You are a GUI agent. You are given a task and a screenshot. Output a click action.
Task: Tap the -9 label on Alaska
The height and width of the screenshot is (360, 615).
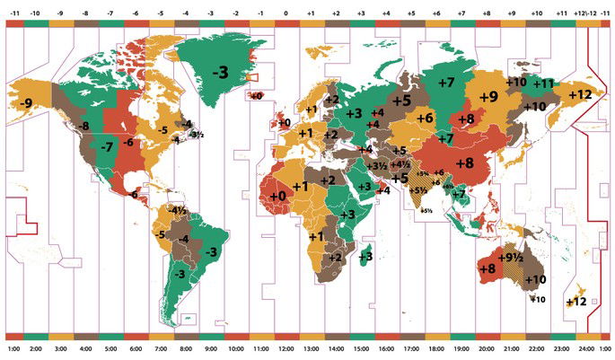coord(27,105)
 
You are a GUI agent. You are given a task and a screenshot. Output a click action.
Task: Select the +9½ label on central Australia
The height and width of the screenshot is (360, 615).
coord(512,258)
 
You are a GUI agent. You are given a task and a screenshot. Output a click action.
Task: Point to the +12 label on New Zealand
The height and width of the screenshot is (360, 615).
coord(576,302)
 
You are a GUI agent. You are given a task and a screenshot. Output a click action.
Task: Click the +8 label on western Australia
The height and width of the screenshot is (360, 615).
coord(488,268)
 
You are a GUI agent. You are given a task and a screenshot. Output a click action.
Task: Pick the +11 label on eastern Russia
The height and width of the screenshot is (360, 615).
coord(544,83)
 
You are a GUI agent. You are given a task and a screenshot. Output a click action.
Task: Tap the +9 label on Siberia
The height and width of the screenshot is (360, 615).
coord(488,96)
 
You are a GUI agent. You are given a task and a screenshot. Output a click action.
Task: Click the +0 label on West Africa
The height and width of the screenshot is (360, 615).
coord(277,195)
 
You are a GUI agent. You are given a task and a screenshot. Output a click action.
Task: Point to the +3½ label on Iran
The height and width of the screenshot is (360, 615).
coord(380,165)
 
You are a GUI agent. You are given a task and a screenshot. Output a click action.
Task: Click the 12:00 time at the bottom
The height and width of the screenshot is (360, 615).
coord(286,348)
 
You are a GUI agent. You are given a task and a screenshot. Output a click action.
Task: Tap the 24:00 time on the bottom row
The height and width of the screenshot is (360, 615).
coord(587,348)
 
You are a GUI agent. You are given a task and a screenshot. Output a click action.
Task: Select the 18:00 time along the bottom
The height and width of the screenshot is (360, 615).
coord(436,348)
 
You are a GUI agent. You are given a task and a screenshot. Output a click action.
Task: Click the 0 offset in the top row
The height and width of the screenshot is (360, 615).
coord(286,14)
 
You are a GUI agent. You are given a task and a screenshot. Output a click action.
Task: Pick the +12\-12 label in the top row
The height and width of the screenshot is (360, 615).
coord(587,14)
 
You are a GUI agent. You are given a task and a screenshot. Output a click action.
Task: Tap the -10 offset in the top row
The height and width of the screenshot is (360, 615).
coord(35,14)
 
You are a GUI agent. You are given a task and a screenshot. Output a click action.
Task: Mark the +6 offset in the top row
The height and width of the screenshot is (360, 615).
coord(436,14)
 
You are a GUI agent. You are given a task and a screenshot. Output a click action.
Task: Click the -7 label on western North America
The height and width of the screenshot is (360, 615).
coord(107,146)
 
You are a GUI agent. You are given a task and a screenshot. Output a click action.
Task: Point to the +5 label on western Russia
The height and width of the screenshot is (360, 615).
coord(400,100)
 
